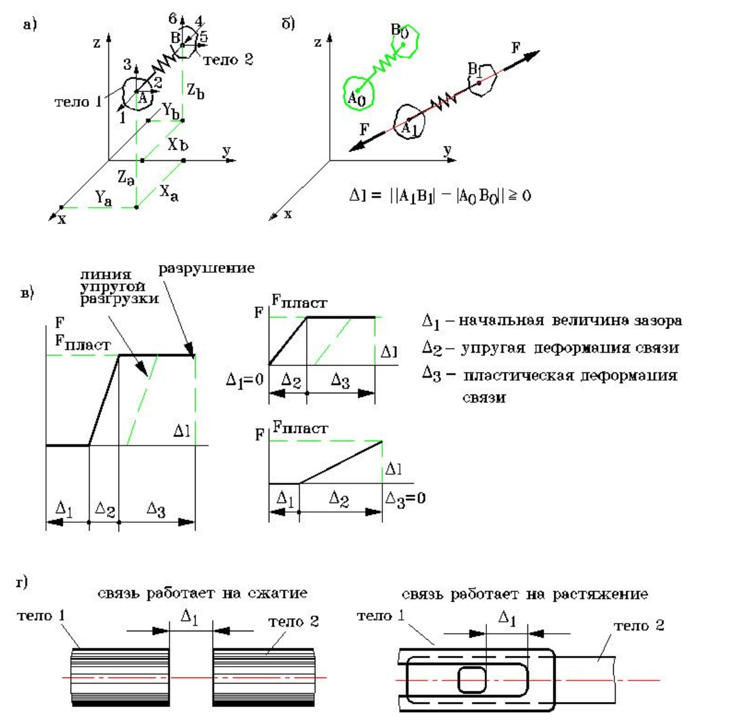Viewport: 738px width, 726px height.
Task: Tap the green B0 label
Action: (x=399, y=30)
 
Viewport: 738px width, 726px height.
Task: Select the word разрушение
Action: (x=206, y=268)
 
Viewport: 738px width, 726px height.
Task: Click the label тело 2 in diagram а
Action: (x=228, y=60)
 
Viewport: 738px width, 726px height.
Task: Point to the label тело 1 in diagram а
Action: (x=78, y=102)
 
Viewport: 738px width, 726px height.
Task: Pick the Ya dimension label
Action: (x=104, y=199)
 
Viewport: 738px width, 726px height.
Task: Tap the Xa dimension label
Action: (x=168, y=192)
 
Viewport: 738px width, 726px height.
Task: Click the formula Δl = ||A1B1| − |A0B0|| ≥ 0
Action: (x=440, y=196)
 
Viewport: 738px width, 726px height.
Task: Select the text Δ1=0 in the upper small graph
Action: (x=244, y=380)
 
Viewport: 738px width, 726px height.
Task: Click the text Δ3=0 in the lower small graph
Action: (x=405, y=498)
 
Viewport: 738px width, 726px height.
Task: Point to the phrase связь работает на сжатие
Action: (x=202, y=593)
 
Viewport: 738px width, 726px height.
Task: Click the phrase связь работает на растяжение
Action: (x=524, y=594)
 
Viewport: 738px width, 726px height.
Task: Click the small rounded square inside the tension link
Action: (x=471, y=681)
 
